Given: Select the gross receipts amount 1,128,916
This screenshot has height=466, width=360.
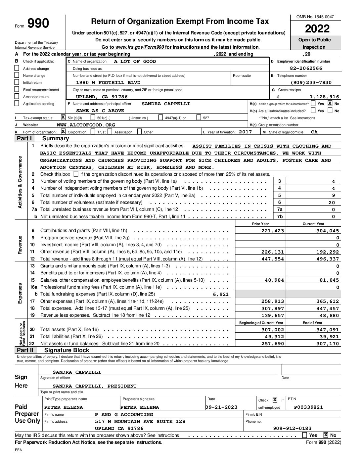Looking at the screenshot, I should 324,97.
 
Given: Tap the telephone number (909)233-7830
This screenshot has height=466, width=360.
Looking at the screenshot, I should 311,82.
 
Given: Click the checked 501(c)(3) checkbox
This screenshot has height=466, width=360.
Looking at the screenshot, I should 64,117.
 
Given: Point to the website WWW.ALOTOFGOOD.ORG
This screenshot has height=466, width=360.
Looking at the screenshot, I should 86,125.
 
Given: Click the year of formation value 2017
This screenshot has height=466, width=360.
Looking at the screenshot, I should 245,132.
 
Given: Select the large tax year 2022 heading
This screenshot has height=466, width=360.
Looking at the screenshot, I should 317,29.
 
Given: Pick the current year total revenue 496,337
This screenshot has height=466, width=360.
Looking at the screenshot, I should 328,259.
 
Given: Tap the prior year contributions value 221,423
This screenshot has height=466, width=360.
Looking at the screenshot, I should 273,231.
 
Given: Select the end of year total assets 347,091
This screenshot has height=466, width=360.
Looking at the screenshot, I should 328,330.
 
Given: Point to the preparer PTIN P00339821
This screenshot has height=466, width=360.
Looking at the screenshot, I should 308,407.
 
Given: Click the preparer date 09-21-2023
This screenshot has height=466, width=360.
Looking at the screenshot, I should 221,407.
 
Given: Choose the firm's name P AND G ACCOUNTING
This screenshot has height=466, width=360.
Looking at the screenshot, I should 124,414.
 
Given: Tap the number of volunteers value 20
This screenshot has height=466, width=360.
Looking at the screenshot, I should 332,203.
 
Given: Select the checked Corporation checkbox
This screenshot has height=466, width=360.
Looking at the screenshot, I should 64,132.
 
